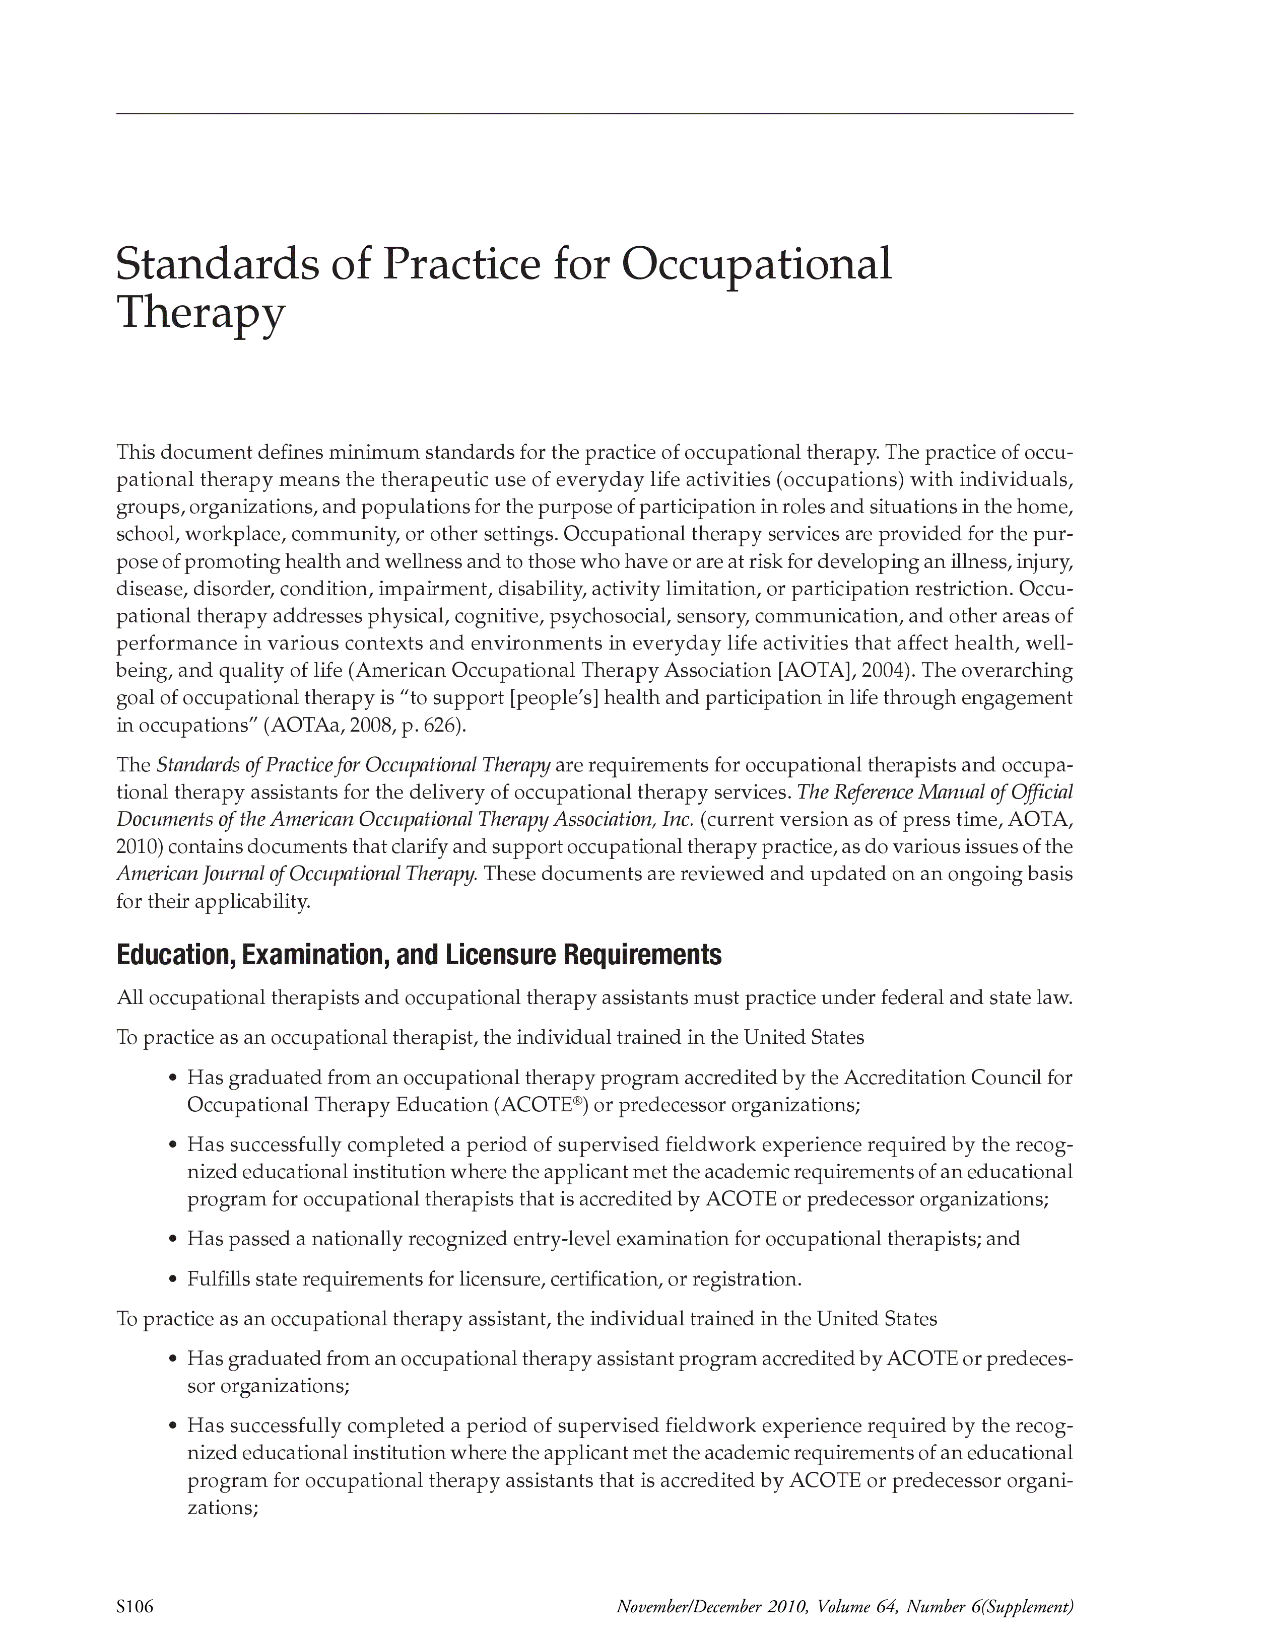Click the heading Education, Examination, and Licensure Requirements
419,955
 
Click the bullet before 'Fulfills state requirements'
172,1279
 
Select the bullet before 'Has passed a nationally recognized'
172,1239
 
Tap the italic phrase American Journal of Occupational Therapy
297,874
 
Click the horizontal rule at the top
594,114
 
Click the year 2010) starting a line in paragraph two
140,847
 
